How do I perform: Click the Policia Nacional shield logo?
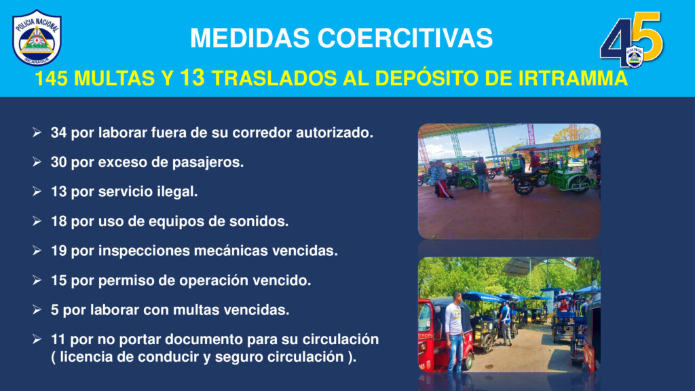[x=37, y=38]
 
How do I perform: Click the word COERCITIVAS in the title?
[x=405, y=38]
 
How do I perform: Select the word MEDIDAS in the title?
[x=250, y=38]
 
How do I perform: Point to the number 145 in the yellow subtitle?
[x=51, y=79]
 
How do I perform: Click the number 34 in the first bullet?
[x=58, y=132]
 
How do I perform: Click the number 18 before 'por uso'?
[x=58, y=221]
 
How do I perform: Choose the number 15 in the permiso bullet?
[x=58, y=280]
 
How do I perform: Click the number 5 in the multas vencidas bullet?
[x=54, y=310]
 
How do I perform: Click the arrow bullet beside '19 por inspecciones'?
[x=37, y=251]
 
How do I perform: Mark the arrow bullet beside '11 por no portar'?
[x=37, y=339]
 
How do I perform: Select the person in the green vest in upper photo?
[x=515, y=164]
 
